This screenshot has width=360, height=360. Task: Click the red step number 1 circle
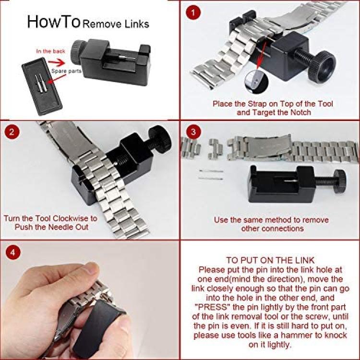(x=193, y=12)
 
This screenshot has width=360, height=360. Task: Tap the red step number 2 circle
(x=12, y=132)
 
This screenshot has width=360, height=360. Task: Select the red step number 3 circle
(x=193, y=132)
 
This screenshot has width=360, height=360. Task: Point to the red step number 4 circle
(x=12, y=252)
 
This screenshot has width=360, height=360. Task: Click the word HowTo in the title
(x=54, y=22)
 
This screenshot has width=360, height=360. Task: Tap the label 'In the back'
(x=50, y=51)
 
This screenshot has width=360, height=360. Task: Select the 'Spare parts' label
(x=66, y=71)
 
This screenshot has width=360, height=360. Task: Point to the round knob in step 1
(x=322, y=66)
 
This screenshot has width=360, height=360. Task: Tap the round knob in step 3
(x=340, y=181)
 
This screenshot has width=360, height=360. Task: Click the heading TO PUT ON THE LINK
(x=270, y=260)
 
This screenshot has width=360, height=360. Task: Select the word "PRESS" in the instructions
(x=212, y=307)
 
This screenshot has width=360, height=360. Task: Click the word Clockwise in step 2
(x=72, y=218)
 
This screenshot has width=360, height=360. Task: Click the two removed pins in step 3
(x=211, y=175)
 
